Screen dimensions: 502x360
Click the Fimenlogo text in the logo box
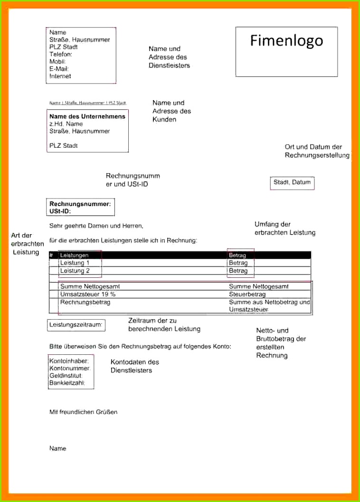(286, 41)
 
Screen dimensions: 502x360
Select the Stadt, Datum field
(292, 182)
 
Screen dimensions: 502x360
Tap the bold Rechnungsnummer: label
(80, 204)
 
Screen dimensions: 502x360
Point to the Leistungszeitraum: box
(76, 325)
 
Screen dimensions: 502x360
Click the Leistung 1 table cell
(75, 263)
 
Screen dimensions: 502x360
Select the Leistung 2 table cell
(75, 271)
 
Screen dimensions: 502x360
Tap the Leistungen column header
(74, 255)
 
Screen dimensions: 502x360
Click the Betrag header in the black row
(237, 255)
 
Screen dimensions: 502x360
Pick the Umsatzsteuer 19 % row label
(88, 294)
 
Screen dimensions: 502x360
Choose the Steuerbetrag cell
(247, 294)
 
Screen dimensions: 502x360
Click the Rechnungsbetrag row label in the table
(85, 302)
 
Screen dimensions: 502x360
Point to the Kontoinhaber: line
(69, 361)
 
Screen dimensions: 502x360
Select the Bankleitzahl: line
(67, 383)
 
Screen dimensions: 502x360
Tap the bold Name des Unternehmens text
(87, 116)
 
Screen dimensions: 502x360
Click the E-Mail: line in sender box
(59, 69)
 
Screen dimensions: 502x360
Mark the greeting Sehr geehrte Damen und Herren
(96, 226)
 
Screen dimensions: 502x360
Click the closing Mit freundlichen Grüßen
(83, 412)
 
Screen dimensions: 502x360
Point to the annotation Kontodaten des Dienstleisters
(134, 366)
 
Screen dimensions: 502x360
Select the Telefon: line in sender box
(60, 54)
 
